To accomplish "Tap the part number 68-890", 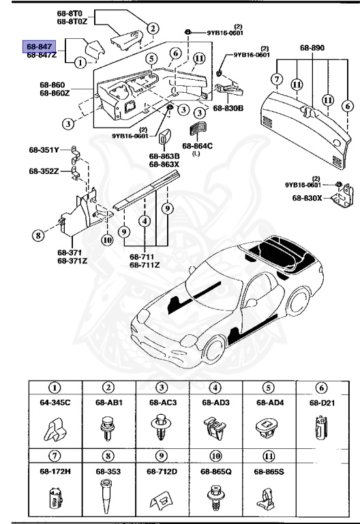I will coord(312,48).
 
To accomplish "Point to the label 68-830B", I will coord(229,108).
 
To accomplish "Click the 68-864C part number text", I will coord(197,145).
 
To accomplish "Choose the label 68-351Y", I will coord(44,148).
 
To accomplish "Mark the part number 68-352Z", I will coord(44,171).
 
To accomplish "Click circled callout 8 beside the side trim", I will coord(38,237).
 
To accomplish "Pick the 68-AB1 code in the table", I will coord(108,403).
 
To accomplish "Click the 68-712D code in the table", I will coord(162,471).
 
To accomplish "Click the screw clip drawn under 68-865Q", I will coord(215,497).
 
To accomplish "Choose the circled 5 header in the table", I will coord(269,388).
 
